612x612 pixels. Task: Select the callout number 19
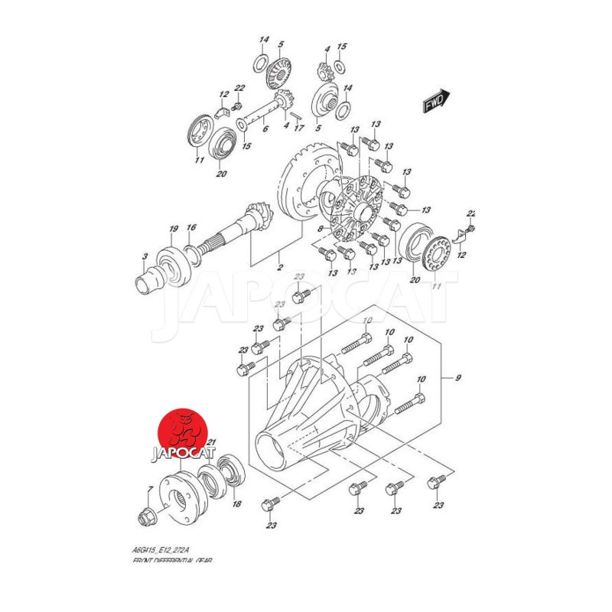coord(174,229)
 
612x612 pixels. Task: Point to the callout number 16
coord(192,228)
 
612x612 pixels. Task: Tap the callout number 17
coord(300,128)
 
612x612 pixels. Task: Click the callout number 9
coord(458,376)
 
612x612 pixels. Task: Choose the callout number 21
coord(212,442)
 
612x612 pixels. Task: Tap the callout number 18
coord(237,504)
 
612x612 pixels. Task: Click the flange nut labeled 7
coord(145,519)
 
